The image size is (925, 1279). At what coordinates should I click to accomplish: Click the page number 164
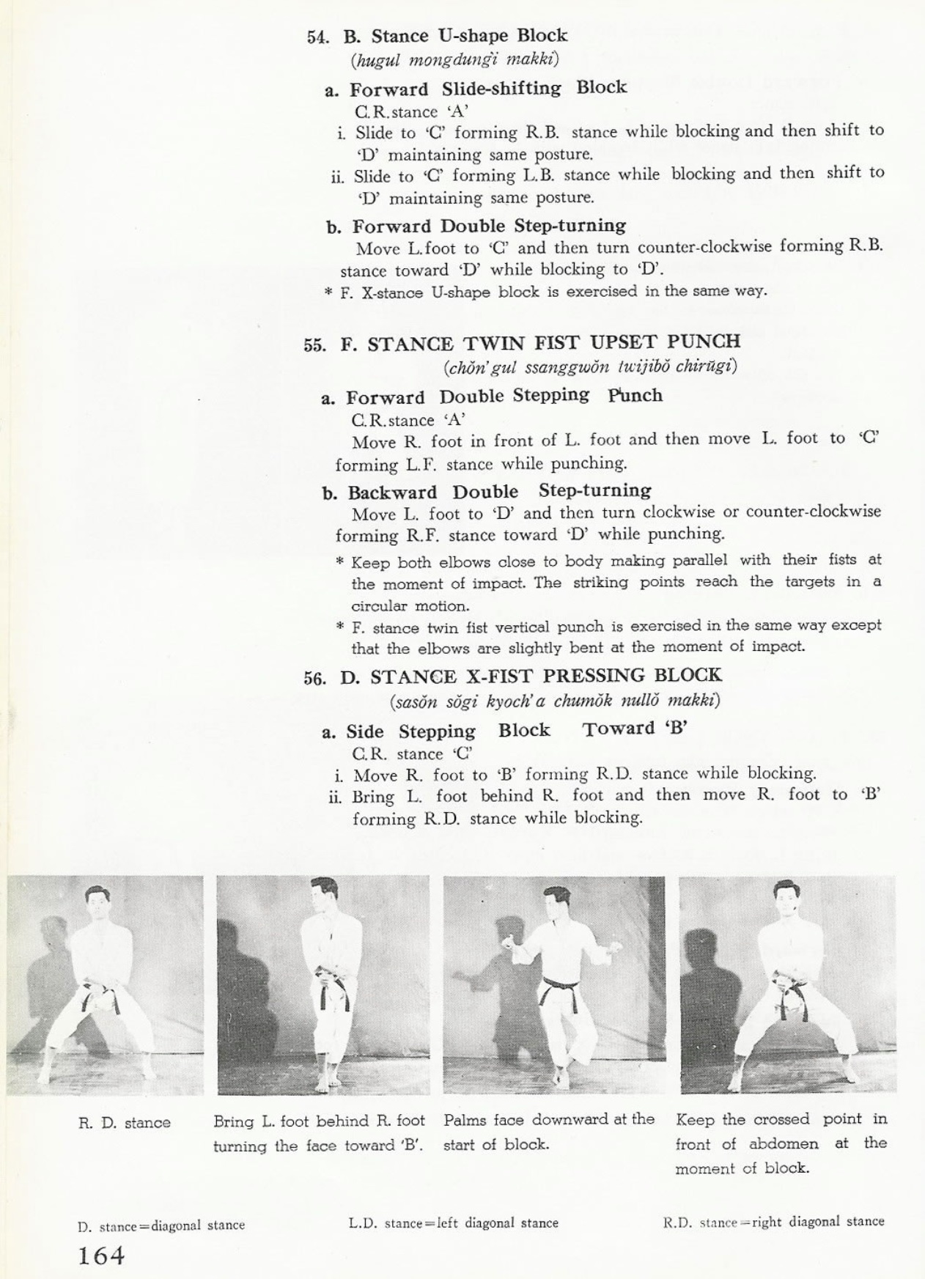101,1256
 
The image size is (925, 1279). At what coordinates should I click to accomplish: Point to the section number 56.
314,678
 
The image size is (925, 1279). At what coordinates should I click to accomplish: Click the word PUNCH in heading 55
704,342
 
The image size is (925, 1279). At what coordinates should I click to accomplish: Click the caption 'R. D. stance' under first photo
124,1123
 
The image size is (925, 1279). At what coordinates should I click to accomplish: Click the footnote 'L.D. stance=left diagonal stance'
453,1223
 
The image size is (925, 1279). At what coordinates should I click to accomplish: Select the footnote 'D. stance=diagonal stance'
161,1225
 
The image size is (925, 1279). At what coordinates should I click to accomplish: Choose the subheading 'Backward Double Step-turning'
486,491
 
